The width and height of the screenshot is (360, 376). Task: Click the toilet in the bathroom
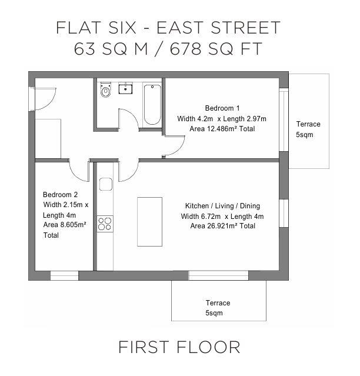(106, 91)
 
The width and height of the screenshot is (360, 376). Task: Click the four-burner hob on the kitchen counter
(105, 224)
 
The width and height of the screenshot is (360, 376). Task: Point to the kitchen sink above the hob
(105, 184)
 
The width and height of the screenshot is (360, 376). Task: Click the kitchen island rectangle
(149, 221)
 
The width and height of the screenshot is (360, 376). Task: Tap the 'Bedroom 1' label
(222, 108)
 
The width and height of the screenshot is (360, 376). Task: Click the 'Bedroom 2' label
(60, 194)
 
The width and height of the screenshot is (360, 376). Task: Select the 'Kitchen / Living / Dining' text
(222, 206)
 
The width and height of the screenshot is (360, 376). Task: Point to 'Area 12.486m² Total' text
(222, 128)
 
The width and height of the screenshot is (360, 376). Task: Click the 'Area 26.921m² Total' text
(222, 226)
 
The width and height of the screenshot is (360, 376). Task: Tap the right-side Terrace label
(308, 124)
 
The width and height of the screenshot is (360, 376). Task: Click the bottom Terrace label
(218, 303)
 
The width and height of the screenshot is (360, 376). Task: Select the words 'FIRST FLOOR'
(179, 347)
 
